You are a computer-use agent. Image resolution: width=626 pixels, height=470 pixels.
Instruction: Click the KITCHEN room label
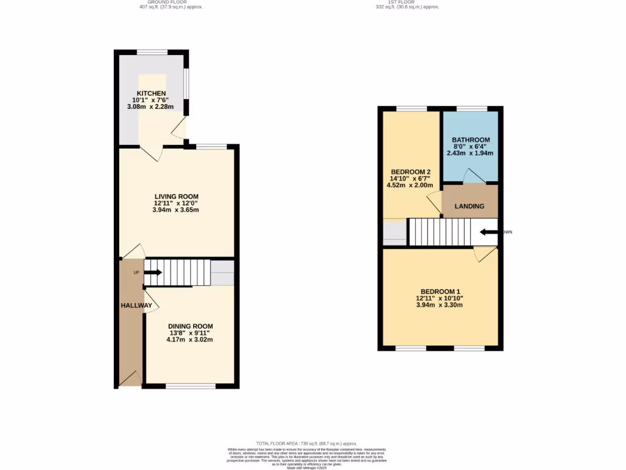pyautogui.click(x=151, y=93)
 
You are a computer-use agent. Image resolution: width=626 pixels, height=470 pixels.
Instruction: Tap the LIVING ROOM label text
pyautogui.click(x=176, y=196)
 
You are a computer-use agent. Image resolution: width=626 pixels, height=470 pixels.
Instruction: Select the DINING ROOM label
pyautogui.click(x=191, y=326)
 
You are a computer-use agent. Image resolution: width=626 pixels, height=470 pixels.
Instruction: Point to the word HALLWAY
pyautogui.click(x=136, y=305)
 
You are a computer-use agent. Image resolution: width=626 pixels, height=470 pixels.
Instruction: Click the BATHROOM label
pyautogui.click(x=470, y=140)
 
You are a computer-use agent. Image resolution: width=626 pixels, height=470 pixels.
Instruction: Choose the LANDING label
pyautogui.click(x=469, y=206)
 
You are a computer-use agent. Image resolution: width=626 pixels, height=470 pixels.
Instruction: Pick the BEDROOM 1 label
pyautogui.click(x=440, y=291)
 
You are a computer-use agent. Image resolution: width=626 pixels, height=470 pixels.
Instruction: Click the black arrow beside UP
pyautogui.click(x=153, y=272)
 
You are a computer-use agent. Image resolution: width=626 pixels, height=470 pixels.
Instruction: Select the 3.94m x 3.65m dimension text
pyautogui.click(x=176, y=210)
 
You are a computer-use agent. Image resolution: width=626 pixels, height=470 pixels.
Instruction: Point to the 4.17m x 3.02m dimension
pyautogui.click(x=191, y=340)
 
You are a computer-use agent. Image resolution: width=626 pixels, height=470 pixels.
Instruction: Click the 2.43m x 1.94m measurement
pyautogui.click(x=470, y=153)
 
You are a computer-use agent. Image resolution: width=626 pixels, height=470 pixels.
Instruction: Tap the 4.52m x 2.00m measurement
pyautogui.click(x=410, y=185)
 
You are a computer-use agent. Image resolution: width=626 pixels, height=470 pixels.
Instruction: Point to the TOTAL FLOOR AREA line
pyautogui.click(x=306, y=443)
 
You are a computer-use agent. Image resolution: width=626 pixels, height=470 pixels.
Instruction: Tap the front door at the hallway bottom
pyautogui.click(x=130, y=379)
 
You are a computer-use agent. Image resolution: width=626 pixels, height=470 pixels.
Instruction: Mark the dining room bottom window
pyautogui.click(x=191, y=386)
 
